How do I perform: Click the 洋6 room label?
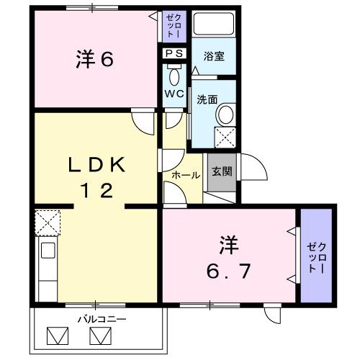(95, 60)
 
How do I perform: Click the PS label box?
(174, 53)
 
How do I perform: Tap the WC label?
(173, 94)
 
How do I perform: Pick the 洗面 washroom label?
(208, 100)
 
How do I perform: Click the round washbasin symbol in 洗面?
(225, 114)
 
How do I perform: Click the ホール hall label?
(186, 175)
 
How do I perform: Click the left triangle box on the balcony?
(57, 336)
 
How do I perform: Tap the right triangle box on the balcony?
(99, 336)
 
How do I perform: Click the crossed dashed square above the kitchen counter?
(48, 222)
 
